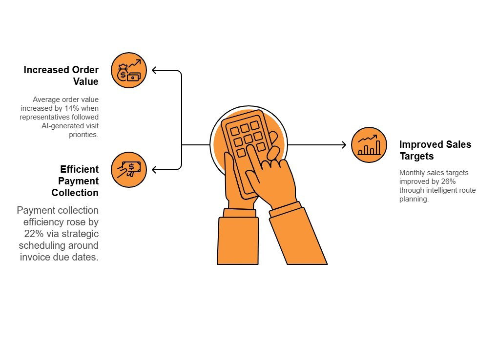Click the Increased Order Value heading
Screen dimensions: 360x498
61,76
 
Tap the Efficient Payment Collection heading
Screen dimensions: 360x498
75,181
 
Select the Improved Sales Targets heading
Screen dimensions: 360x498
435,150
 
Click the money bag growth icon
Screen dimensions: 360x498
129,70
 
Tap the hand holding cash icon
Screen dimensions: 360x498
129,169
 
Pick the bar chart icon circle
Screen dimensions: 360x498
369,145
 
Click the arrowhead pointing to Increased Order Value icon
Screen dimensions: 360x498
155,70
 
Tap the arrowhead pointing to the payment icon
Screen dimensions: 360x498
155,170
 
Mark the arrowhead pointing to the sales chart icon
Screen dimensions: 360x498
343,145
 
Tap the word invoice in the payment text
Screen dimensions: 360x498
37,257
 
